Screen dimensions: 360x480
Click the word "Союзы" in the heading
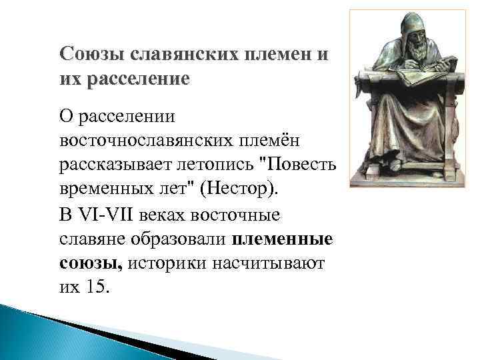pyautogui.click(x=87, y=53)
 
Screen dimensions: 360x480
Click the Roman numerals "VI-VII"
pyautogui.click(x=108, y=216)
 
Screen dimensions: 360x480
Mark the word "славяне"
pyautogui.click(x=93, y=240)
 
